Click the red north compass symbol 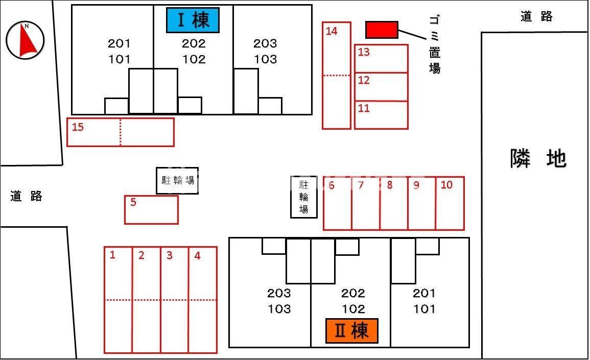(x=25, y=40)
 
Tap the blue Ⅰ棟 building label (x=193, y=20)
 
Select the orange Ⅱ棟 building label (x=351, y=331)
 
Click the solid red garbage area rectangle (x=382, y=30)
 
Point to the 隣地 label (x=538, y=159)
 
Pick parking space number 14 (x=336, y=76)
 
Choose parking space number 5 (x=151, y=210)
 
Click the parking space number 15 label (x=78, y=127)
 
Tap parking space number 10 (x=450, y=203)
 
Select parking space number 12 (x=381, y=87)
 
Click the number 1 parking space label (x=112, y=255)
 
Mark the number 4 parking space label (x=197, y=256)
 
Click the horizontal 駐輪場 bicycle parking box (x=177, y=180)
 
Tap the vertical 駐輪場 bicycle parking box (x=303, y=197)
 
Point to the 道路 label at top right (x=536, y=16)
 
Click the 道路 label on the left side (x=26, y=196)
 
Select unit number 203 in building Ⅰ (x=265, y=44)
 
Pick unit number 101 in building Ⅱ (x=424, y=308)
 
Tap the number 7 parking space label (x=361, y=185)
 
